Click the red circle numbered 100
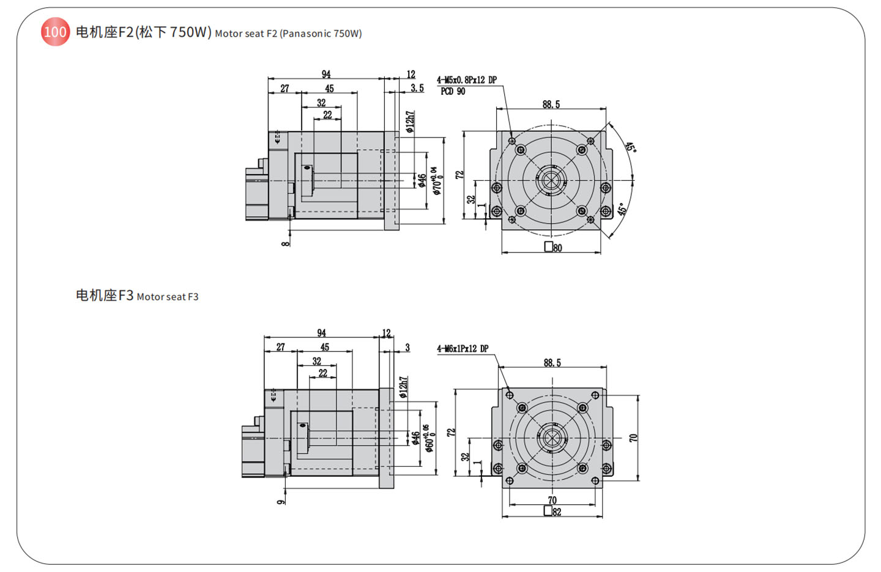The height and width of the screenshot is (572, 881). click(x=55, y=32)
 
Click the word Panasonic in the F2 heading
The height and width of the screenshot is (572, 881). click(x=307, y=34)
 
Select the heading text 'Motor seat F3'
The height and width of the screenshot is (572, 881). click(x=168, y=297)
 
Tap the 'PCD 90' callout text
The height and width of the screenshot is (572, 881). click(x=452, y=92)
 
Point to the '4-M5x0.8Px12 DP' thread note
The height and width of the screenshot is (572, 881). click(x=466, y=80)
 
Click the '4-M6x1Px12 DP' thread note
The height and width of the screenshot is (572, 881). click(x=463, y=349)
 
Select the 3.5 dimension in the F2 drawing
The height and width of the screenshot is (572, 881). click(x=417, y=88)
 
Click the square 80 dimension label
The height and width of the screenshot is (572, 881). click(x=553, y=248)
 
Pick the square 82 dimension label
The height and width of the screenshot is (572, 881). click(x=552, y=512)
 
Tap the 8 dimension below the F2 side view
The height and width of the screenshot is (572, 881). click(x=286, y=243)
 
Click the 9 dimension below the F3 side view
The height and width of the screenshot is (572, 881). click(x=281, y=502)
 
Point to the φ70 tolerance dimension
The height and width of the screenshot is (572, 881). click(x=436, y=180)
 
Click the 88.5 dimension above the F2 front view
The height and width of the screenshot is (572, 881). click(x=551, y=105)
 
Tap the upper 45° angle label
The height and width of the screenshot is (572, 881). click(x=631, y=147)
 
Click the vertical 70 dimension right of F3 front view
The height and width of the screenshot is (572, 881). click(x=633, y=438)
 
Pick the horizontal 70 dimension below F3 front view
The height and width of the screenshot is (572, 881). click(x=552, y=500)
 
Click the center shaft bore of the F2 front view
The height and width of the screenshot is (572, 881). click(x=551, y=181)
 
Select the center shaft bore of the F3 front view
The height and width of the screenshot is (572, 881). click(x=552, y=438)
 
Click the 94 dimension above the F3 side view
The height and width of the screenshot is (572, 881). click(x=321, y=333)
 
